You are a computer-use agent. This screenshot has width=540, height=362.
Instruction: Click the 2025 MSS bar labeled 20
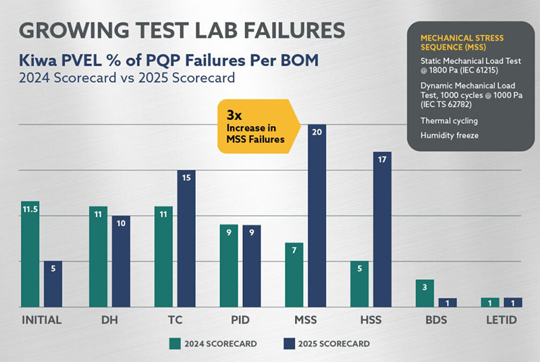[x=317, y=216]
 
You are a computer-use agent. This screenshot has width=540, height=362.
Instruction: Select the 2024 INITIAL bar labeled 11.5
[x=30, y=254]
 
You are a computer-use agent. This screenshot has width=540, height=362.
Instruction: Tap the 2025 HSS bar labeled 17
[x=381, y=229]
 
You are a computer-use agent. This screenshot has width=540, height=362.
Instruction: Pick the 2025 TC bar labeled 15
[x=186, y=239]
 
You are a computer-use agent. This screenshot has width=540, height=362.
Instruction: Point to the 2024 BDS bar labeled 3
[x=425, y=293]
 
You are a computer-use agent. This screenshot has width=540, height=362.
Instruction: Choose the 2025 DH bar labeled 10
[x=122, y=261]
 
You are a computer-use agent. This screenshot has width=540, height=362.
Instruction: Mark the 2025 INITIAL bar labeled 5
[x=53, y=284]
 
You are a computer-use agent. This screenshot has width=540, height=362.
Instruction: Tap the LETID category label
[x=504, y=320]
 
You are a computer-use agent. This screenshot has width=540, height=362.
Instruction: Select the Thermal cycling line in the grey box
[x=450, y=121]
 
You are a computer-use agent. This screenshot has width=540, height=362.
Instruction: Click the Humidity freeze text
[x=448, y=135]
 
